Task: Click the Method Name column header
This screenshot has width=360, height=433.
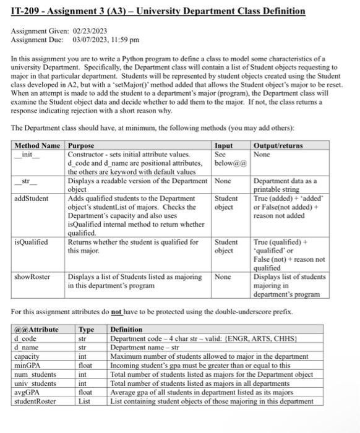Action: pos(38,145)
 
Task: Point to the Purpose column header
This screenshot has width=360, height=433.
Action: pos(80,145)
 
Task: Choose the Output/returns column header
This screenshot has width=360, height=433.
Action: pos(278,145)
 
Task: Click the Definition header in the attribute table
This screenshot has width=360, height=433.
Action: pos(126,330)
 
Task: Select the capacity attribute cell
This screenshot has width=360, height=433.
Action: pos(27,356)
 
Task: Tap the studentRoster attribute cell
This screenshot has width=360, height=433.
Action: pos(35,401)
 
